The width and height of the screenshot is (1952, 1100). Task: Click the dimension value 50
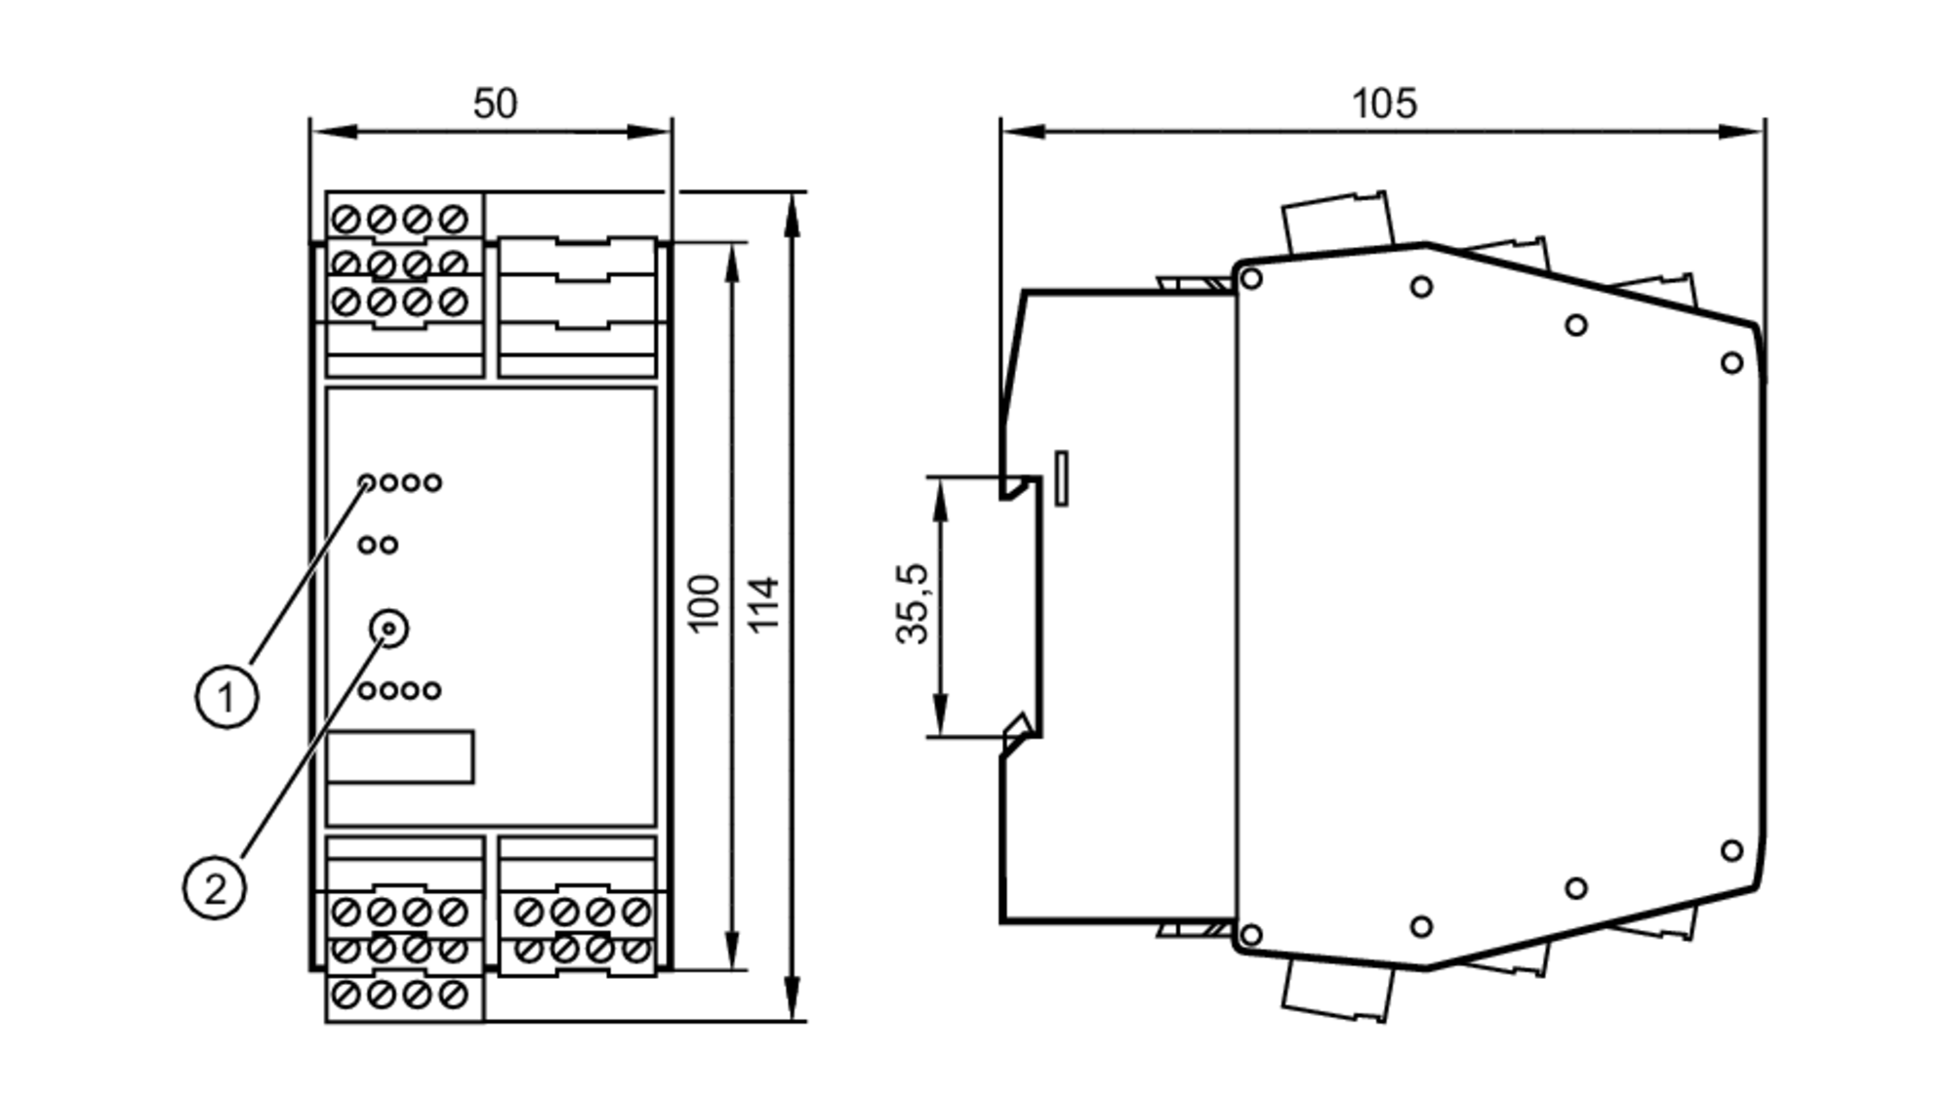[x=495, y=103]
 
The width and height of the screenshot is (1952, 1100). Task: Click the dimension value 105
[x=1383, y=103]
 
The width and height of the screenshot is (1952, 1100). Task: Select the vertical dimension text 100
[x=704, y=604]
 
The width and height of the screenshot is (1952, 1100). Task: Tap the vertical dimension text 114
[x=764, y=604]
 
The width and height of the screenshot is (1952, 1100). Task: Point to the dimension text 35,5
[x=914, y=604]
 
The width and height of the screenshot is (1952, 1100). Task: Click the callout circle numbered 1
[x=226, y=697]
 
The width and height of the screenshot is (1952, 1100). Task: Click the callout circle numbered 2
[x=215, y=888]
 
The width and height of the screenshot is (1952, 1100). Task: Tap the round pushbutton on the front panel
[x=389, y=629]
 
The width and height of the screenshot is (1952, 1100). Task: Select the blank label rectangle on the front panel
[x=400, y=756]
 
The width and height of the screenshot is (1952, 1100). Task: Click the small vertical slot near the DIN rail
[x=1062, y=478]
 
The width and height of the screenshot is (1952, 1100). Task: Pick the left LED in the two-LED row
[x=367, y=545]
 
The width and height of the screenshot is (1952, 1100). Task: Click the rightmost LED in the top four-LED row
[x=432, y=482]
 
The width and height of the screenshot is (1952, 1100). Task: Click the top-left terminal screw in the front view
[x=346, y=220]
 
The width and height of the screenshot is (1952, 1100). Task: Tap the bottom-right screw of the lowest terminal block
[x=453, y=995]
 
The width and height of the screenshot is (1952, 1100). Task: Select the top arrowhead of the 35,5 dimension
[x=941, y=493]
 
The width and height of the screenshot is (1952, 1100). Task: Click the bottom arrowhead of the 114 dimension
[x=793, y=1001]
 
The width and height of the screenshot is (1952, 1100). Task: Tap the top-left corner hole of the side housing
[x=1250, y=279]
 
